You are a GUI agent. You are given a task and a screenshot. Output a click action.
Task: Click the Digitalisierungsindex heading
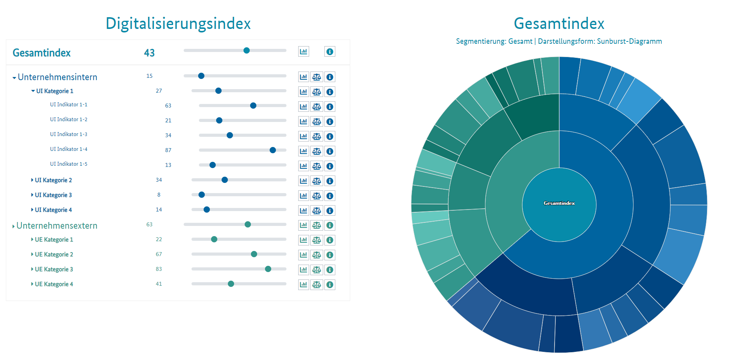(178, 23)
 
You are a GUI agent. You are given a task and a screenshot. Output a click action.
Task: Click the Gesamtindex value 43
(149, 53)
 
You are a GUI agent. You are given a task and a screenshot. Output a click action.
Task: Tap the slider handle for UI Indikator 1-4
(273, 150)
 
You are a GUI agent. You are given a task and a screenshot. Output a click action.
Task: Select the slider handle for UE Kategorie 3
(268, 269)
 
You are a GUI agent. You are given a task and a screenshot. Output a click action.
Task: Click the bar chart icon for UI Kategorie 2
(304, 181)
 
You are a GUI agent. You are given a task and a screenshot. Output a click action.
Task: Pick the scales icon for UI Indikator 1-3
(317, 136)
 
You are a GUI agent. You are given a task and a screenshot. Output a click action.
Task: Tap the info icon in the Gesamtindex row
(330, 52)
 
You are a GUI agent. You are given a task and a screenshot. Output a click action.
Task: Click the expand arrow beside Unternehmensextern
(14, 226)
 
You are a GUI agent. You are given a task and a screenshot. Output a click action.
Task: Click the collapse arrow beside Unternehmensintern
(14, 78)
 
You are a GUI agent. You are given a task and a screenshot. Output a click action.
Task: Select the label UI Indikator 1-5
(69, 164)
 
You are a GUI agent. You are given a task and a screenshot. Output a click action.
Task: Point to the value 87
(168, 150)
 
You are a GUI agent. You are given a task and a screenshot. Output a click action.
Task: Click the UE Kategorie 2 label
(54, 254)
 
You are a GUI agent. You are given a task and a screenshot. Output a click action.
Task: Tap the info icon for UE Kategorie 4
(330, 285)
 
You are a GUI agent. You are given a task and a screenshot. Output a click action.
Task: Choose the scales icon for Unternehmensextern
(317, 225)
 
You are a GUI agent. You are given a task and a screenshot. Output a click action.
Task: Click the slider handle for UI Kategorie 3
(202, 195)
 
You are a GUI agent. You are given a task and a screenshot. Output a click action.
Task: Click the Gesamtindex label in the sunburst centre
(559, 203)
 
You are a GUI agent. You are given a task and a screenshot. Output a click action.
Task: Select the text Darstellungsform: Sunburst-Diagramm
(600, 41)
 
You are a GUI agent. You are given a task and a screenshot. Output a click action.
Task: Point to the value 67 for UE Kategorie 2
(159, 254)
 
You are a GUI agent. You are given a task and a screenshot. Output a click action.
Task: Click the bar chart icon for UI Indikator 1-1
(304, 107)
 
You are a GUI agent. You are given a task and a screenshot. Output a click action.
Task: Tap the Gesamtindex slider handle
(247, 50)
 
